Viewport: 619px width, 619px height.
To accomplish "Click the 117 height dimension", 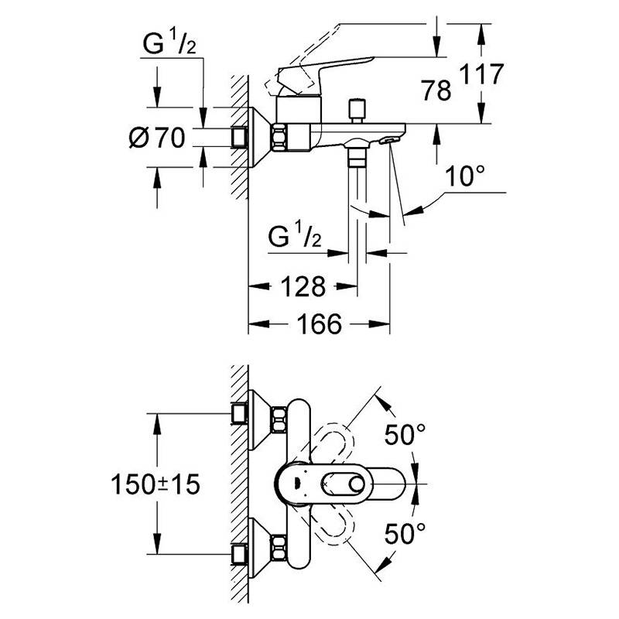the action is tap(482, 74).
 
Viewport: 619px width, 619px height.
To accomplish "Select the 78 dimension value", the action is tap(436, 90).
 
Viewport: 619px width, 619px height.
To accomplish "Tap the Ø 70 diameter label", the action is tap(157, 138).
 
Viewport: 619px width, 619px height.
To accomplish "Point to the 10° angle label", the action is tap(466, 176).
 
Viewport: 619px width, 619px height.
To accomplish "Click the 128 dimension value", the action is tap(303, 286).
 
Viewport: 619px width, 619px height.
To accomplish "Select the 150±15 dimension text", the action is tap(156, 484).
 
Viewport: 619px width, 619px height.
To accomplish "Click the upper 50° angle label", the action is tap(405, 434).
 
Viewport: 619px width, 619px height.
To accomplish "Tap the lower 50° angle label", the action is tap(405, 533).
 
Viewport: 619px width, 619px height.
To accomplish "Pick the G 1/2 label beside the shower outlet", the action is tap(295, 237).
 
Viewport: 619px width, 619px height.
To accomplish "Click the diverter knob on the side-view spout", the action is tap(357, 111).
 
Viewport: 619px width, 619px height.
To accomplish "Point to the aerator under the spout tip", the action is tap(388, 140).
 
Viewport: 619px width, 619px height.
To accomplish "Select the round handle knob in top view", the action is tap(357, 484).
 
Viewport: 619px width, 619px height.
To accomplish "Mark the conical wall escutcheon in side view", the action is tap(259, 137).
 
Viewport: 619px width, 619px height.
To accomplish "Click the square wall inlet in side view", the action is tap(239, 137).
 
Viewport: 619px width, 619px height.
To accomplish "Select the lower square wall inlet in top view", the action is tap(239, 554).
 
